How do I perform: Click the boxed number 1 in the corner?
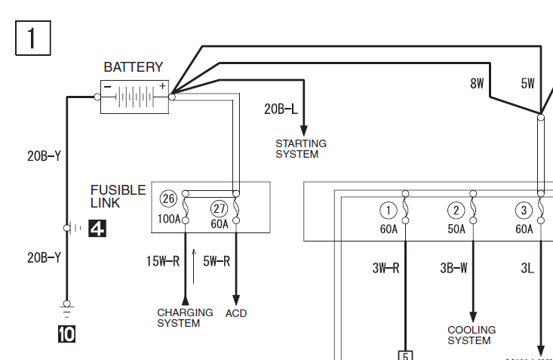(32, 37)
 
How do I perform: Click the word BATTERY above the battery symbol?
(133, 67)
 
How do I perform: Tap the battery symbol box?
(134, 97)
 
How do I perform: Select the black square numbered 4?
(97, 227)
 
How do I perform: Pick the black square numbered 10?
(66, 333)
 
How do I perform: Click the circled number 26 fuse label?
(169, 199)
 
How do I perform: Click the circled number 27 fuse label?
(219, 208)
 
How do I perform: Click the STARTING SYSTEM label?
(300, 149)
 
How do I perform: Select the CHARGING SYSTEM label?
(178, 318)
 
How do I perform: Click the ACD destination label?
(236, 313)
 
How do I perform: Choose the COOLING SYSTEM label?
(472, 335)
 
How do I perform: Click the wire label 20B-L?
(281, 109)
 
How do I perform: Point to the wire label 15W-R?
(163, 262)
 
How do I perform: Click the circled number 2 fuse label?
(456, 211)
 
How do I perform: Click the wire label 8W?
(477, 84)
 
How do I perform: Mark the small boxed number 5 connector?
(405, 355)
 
